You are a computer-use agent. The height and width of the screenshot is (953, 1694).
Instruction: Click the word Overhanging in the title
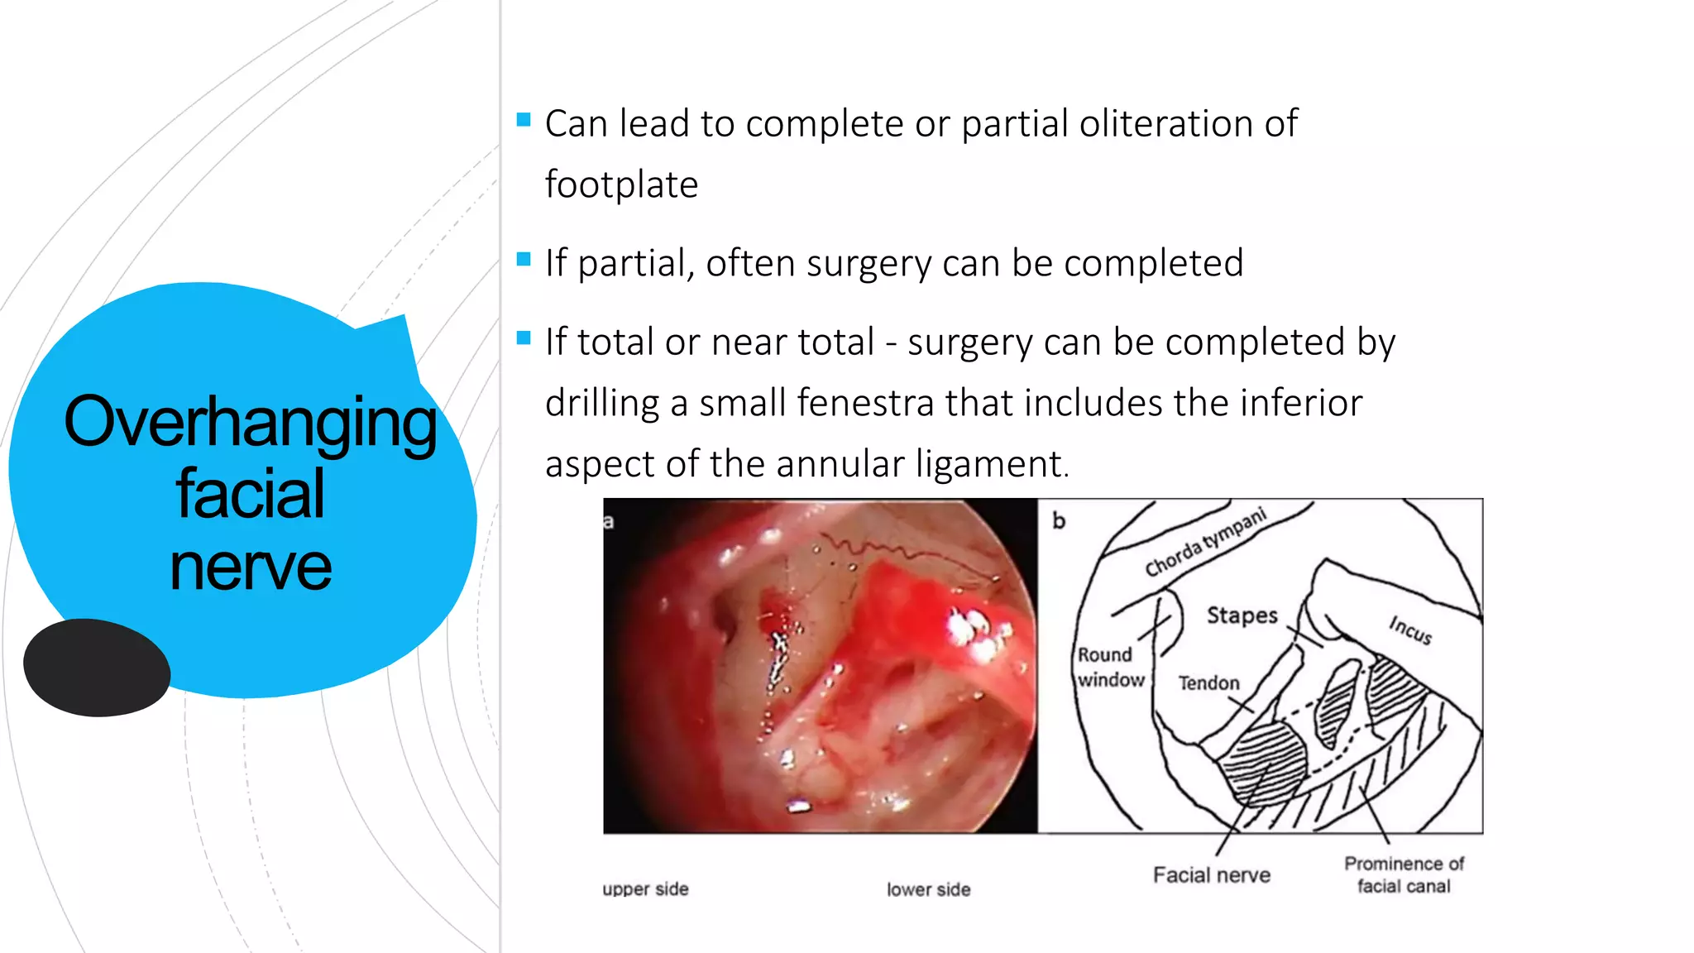coord(250,422)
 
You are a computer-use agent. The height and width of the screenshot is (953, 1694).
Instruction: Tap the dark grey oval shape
coord(97,667)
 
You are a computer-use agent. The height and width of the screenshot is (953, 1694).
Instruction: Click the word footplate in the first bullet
coord(621,184)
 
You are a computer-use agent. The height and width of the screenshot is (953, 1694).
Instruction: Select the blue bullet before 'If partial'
coord(524,260)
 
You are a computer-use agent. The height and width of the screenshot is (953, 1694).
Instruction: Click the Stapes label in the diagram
coord(1242,615)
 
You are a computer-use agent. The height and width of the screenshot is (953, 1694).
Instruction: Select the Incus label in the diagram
coord(1410,630)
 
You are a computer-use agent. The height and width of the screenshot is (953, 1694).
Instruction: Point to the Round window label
coord(1109,667)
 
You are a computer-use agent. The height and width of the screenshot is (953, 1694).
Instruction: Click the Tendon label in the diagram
coord(1208,683)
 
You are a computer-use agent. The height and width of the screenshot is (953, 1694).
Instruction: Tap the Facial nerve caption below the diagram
coord(1211,875)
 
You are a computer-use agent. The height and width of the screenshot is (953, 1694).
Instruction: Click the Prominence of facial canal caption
coord(1404,874)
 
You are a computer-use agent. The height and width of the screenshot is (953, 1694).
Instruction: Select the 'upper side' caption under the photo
coord(645,889)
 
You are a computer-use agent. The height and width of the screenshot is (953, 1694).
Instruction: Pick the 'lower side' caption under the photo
coord(928,889)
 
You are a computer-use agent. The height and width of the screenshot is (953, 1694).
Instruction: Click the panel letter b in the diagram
coord(1059,520)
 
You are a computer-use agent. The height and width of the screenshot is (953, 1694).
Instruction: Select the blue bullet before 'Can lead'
coord(524,120)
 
